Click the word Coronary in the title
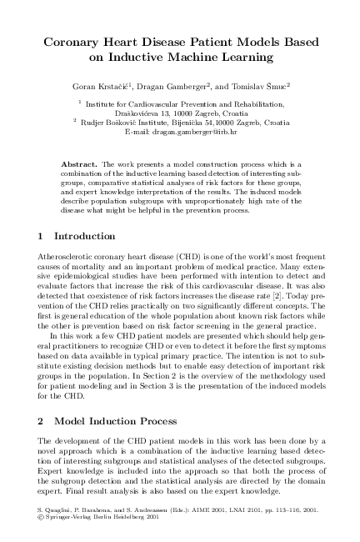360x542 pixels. coord(74,40)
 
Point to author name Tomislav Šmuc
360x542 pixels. coord(265,85)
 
